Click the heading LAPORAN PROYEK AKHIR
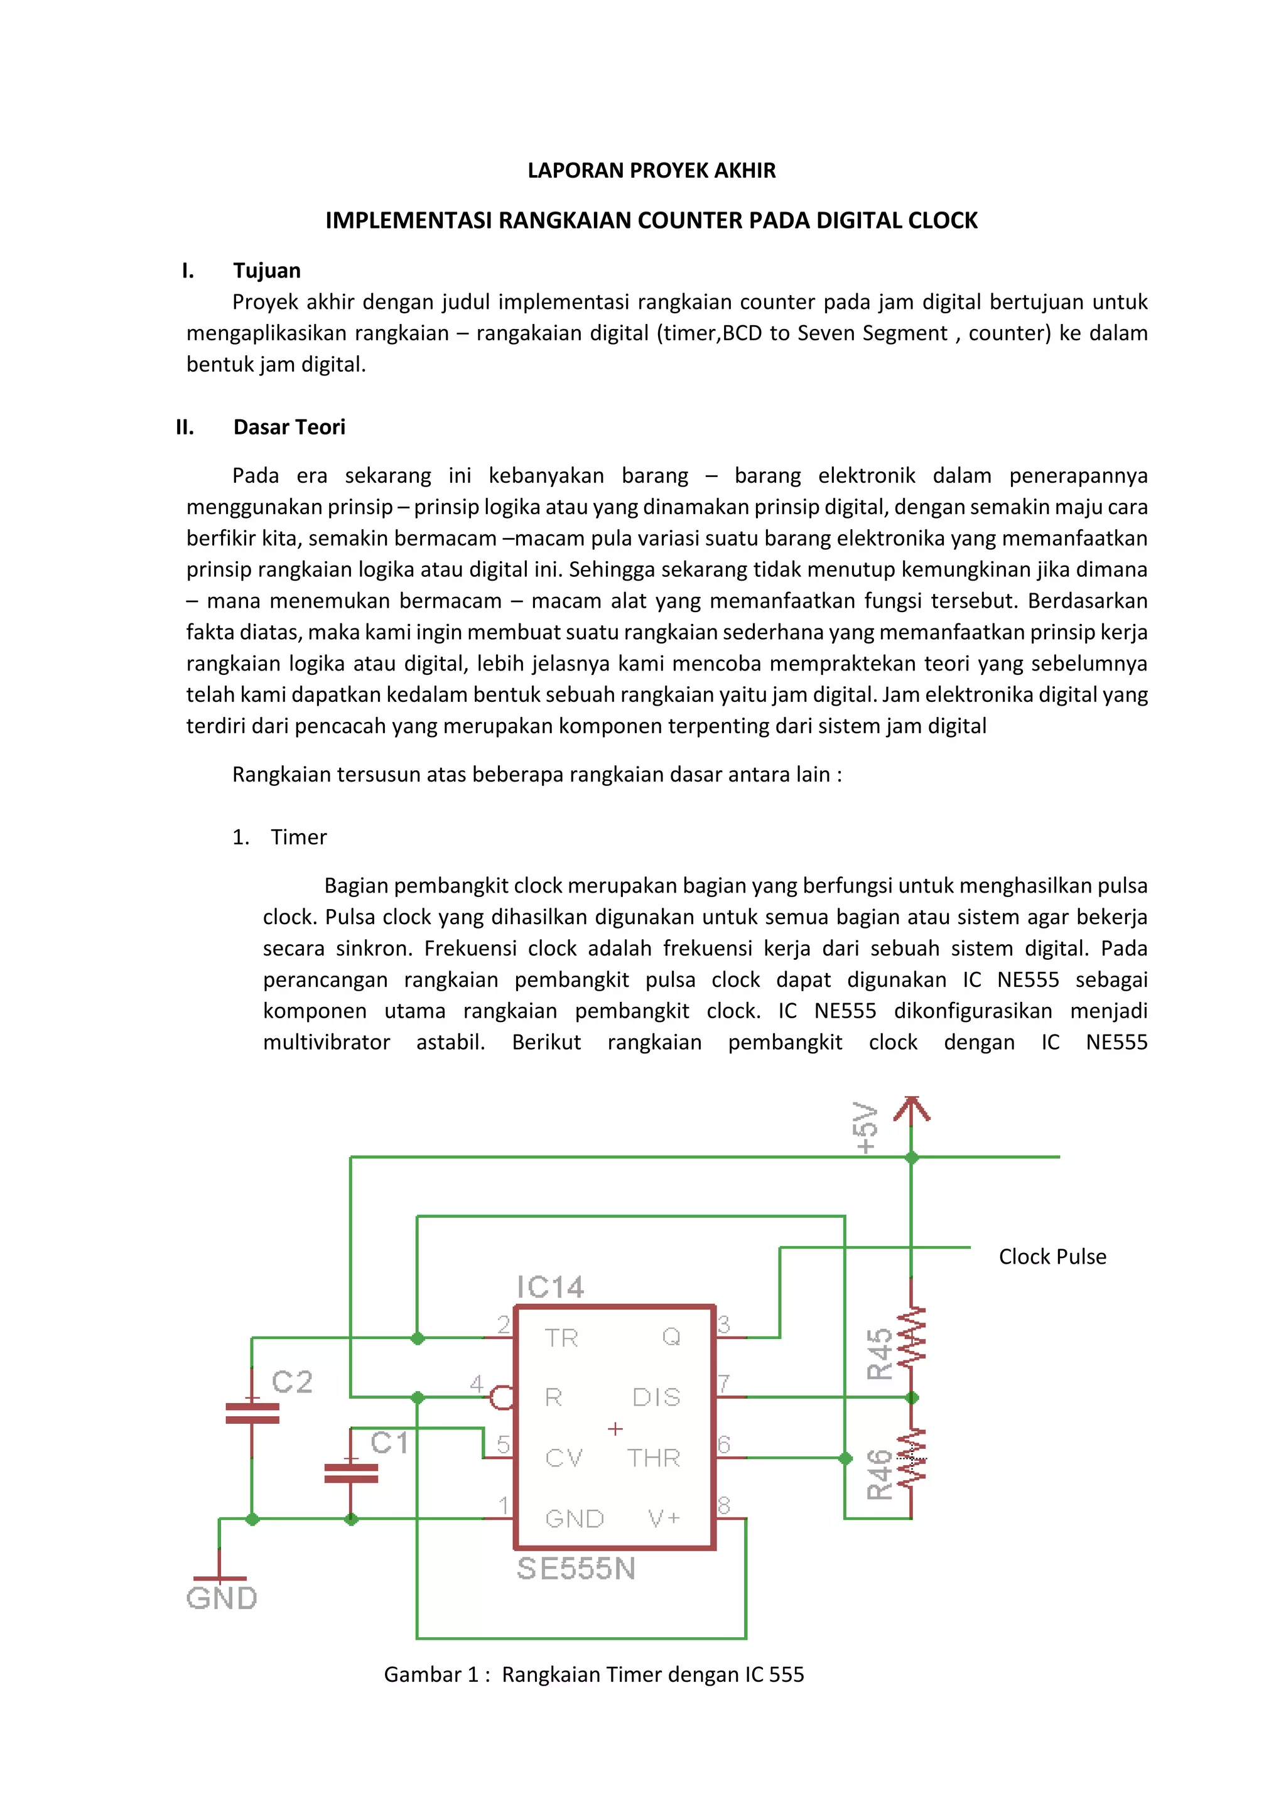tap(651, 170)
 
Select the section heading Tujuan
tap(267, 271)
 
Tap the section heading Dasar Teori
tap(289, 428)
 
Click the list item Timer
tap(298, 837)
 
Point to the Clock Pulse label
tap(1052, 1257)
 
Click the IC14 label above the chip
tap(549, 1287)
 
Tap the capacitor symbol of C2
tap(252, 1413)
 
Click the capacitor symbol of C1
tap(351, 1473)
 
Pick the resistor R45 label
tap(880, 1353)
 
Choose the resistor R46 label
tap(880, 1475)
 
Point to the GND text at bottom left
tap(222, 1598)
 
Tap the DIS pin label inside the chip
tap(656, 1397)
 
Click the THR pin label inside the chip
tap(653, 1458)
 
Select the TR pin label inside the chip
tap(561, 1338)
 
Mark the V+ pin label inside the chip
tap(664, 1518)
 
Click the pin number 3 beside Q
tap(723, 1324)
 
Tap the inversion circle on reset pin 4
tap(500, 1397)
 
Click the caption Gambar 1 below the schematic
tap(593, 1675)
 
